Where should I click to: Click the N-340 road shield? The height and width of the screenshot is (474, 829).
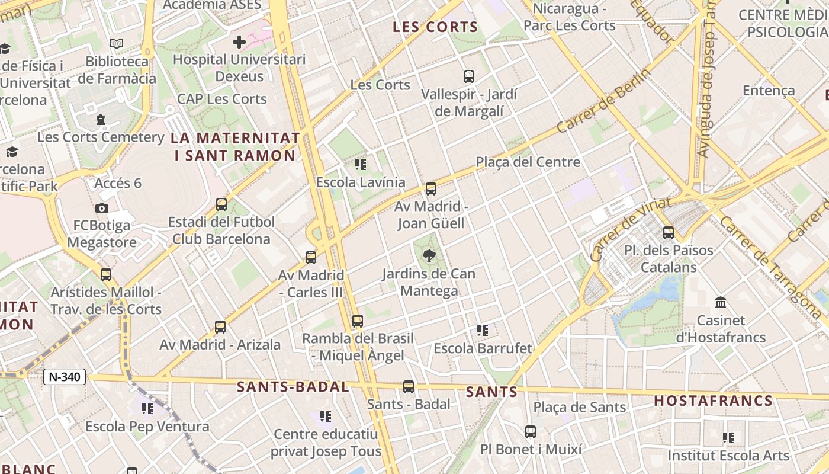(x=65, y=376)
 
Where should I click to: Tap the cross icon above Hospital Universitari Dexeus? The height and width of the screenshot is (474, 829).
(x=239, y=42)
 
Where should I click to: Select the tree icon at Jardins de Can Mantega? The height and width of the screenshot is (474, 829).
(x=429, y=256)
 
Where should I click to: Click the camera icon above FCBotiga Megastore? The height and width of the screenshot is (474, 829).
(x=102, y=208)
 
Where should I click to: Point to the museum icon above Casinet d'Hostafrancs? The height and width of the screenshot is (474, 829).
(x=721, y=303)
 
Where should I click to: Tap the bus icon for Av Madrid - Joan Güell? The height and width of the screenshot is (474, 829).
(x=431, y=189)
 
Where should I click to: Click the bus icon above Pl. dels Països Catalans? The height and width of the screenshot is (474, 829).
(x=669, y=233)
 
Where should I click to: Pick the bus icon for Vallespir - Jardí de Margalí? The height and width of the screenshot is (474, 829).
(x=469, y=76)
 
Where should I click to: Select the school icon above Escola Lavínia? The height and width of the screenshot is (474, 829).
(x=360, y=165)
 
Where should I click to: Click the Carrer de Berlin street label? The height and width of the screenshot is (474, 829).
(x=603, y=101)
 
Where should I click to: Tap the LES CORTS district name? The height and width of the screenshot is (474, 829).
(x=435, y=27)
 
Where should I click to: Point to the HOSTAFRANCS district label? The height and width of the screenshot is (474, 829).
(x=714, y=401)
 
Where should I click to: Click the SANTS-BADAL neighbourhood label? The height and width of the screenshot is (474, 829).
(x=293, y=387)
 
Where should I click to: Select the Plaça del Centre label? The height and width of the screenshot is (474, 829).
(x=528, y=162)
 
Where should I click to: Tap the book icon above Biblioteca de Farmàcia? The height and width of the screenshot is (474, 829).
(x=117, y=43)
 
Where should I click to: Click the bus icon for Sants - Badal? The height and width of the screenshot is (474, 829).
(x=409, y=387)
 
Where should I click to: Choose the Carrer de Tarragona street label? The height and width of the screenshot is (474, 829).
(x=772, y=268)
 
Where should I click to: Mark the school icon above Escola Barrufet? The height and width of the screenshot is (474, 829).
(x=483, y=331)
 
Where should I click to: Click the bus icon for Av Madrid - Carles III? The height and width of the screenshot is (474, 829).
(x=311, y=258)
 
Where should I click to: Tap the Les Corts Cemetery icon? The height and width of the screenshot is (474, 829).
(x=101, y=120)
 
